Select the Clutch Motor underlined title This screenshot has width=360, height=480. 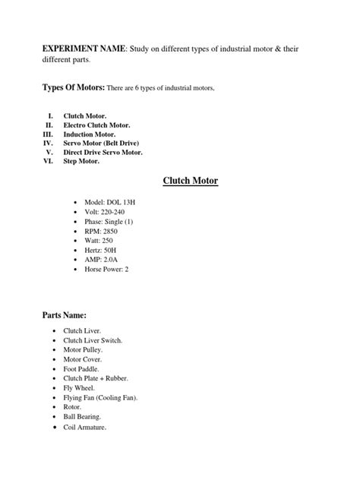(x=191, y=181)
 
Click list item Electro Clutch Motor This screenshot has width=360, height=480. (x=96, y=124)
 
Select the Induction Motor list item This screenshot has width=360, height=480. (x=90, y=133)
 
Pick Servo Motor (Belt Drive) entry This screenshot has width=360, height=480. (x=101, y=143)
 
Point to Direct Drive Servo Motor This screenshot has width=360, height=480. (x=103, y=152)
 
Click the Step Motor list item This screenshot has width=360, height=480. (x=81, y=161)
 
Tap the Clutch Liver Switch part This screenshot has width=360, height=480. (x=93, y=342)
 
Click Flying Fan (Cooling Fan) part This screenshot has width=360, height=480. (x=100, y=396)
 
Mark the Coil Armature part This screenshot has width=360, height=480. (x=85, y=428)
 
